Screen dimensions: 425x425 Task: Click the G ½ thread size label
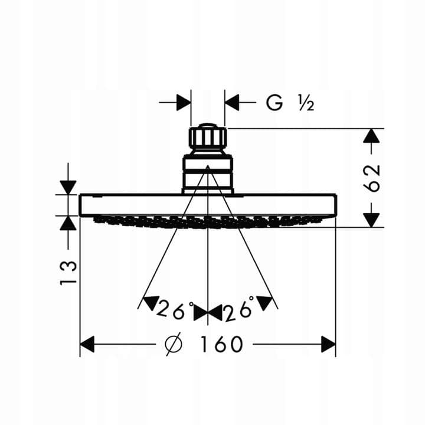289,103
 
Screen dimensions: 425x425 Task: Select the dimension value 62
372,178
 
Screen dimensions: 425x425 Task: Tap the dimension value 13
68,272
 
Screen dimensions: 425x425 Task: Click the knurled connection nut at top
208,138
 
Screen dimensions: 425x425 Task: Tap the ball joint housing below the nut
208,173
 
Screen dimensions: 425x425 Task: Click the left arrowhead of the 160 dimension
87,344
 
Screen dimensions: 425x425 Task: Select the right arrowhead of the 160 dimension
328,344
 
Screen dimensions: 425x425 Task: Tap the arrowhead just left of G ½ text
232,103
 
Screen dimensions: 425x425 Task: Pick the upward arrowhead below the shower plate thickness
68,223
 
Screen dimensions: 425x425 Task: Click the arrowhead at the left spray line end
150,302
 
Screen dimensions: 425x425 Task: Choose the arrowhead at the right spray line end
266,302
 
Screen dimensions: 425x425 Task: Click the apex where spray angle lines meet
208,166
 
